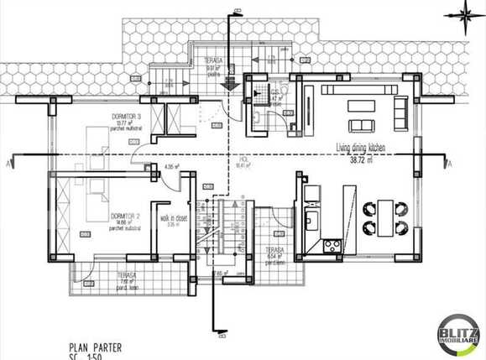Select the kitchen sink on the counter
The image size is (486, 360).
311,221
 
